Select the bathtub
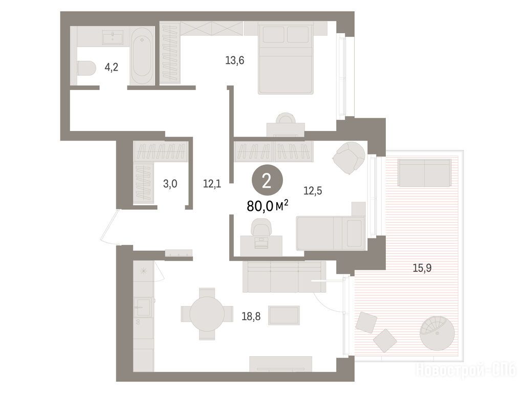[x=142, y=56]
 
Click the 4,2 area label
[x=111, y=68]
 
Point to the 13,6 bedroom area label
[x=234, y=60]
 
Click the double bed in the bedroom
[x=286, y=58]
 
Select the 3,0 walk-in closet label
[x=170, y=184]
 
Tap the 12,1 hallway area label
[x=212, y=184]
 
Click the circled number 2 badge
[x=267, y=181]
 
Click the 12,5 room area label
[x=313, y=191]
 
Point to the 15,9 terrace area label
[x=422, y=268]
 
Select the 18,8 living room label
[x=251, y=316]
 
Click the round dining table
[x=207, y=314]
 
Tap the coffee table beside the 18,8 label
[x=284, y=315]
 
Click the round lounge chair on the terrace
[x=438, y=333]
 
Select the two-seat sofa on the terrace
[x=424, y=173]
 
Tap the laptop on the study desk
[x=261, y=242]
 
